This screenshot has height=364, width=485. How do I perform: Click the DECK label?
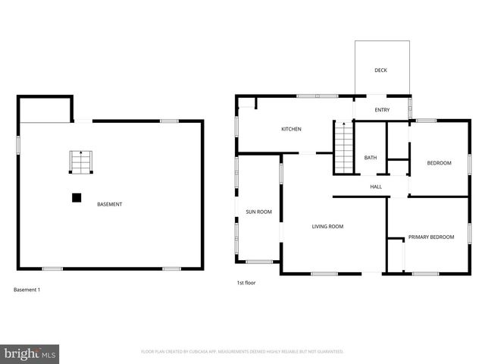pos(380,71)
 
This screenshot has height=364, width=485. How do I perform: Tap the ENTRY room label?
pos(382,110)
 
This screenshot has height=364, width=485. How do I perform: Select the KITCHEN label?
pos(292,129)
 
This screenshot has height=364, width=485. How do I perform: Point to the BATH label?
pos(371,158)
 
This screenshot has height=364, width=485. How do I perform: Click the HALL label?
pos(376,187)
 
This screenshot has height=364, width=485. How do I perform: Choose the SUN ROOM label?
pos(258,212)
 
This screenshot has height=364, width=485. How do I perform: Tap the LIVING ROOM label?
pos(328,226)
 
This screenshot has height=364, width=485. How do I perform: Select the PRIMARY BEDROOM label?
pos(431,237)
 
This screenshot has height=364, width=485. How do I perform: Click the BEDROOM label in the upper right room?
pos(439,163)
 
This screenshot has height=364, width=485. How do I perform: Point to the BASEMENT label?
pos(110,204)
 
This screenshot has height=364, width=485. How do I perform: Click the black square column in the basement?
pos(77,198)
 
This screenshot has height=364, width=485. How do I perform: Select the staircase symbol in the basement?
pos(80,162)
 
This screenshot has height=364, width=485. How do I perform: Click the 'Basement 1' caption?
pos(27,290)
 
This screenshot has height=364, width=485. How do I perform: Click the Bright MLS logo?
pos(30,353)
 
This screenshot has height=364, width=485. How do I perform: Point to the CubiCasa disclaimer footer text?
pos(242,352)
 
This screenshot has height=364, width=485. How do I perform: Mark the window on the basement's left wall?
pos(19,144)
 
